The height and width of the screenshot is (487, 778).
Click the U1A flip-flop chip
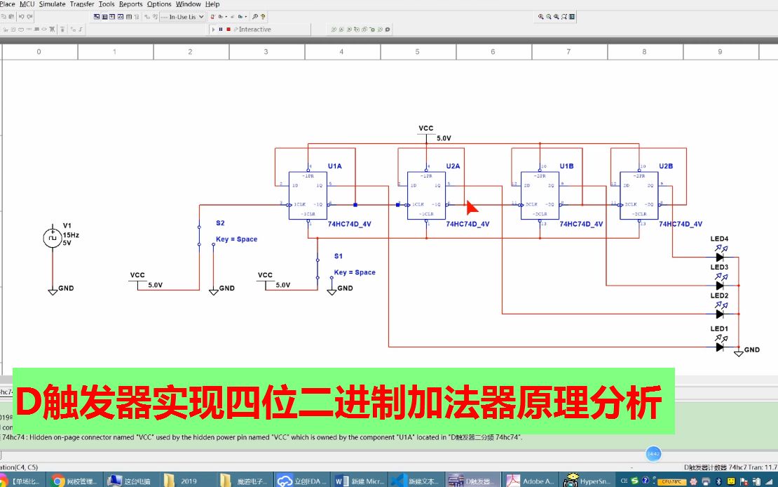(308, 195)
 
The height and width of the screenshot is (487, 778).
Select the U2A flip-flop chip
(427, 195)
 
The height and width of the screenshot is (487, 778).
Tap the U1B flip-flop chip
(540, 195)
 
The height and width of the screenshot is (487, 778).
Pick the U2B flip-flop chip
(639, 195)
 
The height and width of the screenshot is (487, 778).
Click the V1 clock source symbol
(53, 238)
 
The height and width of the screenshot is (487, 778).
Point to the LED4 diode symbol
(719, 258)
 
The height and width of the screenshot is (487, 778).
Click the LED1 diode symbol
(719, 347)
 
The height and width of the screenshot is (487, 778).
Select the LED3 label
(719, 267)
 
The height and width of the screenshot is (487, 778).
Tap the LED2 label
(719, 296)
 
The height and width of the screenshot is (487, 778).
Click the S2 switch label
(220, 223)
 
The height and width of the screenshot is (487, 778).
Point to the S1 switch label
(339, 256)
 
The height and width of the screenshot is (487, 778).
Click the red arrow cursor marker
(472, 207)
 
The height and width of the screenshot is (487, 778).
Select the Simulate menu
(53, 4)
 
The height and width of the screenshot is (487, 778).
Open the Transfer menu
(82, 4)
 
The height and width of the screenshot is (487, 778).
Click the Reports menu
(131, 4)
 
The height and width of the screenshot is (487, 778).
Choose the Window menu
(188, 4)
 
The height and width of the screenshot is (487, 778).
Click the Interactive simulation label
(254, 29)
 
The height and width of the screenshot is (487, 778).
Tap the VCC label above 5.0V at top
(426, 128)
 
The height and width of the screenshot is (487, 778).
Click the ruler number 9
(719, 52)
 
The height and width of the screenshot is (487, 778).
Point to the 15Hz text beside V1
(71, 235)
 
